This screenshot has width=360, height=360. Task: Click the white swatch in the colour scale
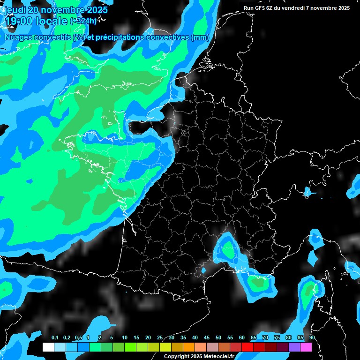pos(48,347)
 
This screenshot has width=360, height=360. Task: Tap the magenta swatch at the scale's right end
pos(306,347)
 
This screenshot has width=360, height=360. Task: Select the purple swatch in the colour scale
pos(294,347)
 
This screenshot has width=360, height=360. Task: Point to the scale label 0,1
pos(55,337)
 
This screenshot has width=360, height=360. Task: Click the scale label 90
pos(312,337)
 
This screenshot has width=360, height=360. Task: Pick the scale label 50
pos(218,337)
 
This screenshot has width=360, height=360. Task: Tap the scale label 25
pos(160,337)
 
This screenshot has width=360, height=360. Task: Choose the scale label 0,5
pos(78,337)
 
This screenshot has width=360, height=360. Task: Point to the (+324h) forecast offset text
pos(84,21)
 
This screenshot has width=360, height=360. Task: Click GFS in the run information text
pos(260,8)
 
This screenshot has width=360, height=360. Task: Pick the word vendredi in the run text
pos(293,8)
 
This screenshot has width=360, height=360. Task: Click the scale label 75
pos(277,337)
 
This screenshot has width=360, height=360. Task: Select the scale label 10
pos(125,337)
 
